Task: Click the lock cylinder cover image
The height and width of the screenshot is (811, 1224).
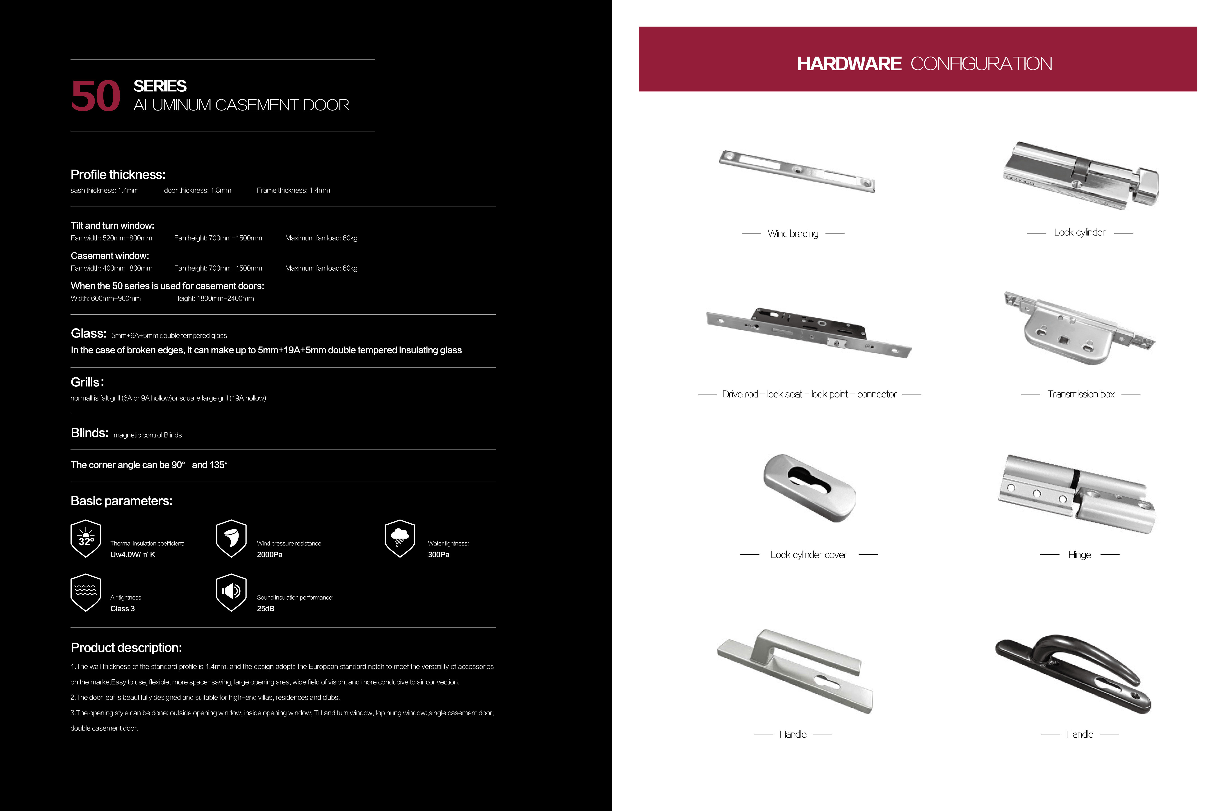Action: (x=809, y=488)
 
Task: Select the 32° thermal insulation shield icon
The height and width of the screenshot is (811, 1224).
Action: (x=86, y=538)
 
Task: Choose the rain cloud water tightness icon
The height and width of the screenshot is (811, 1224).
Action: (x=400, y=538)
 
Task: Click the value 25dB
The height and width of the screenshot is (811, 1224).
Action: (x=265, y=609)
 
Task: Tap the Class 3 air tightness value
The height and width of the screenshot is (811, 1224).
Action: (x=123, y=609)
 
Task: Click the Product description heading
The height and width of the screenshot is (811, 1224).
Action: (x=126, y=648)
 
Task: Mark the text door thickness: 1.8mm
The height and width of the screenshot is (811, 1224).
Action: (x=198, y=190)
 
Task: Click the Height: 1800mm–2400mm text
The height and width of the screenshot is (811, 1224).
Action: (x=214, y=298)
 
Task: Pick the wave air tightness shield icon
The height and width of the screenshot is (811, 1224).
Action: (x=86, y=592)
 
